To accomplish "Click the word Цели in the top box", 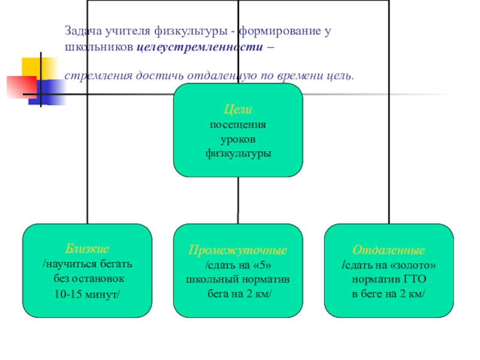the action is click(238, 110).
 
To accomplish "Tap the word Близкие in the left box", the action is click(88, 249).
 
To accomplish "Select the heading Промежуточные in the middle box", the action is click(238, 250).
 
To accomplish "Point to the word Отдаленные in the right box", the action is click(388, 250).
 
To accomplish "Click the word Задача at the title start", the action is click(84, 30).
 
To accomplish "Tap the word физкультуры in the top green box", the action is click(238, 154).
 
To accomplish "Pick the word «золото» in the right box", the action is click(413, 265).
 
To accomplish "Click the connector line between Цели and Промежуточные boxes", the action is click(238, 200).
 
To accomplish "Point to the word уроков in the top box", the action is click(238, 139).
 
